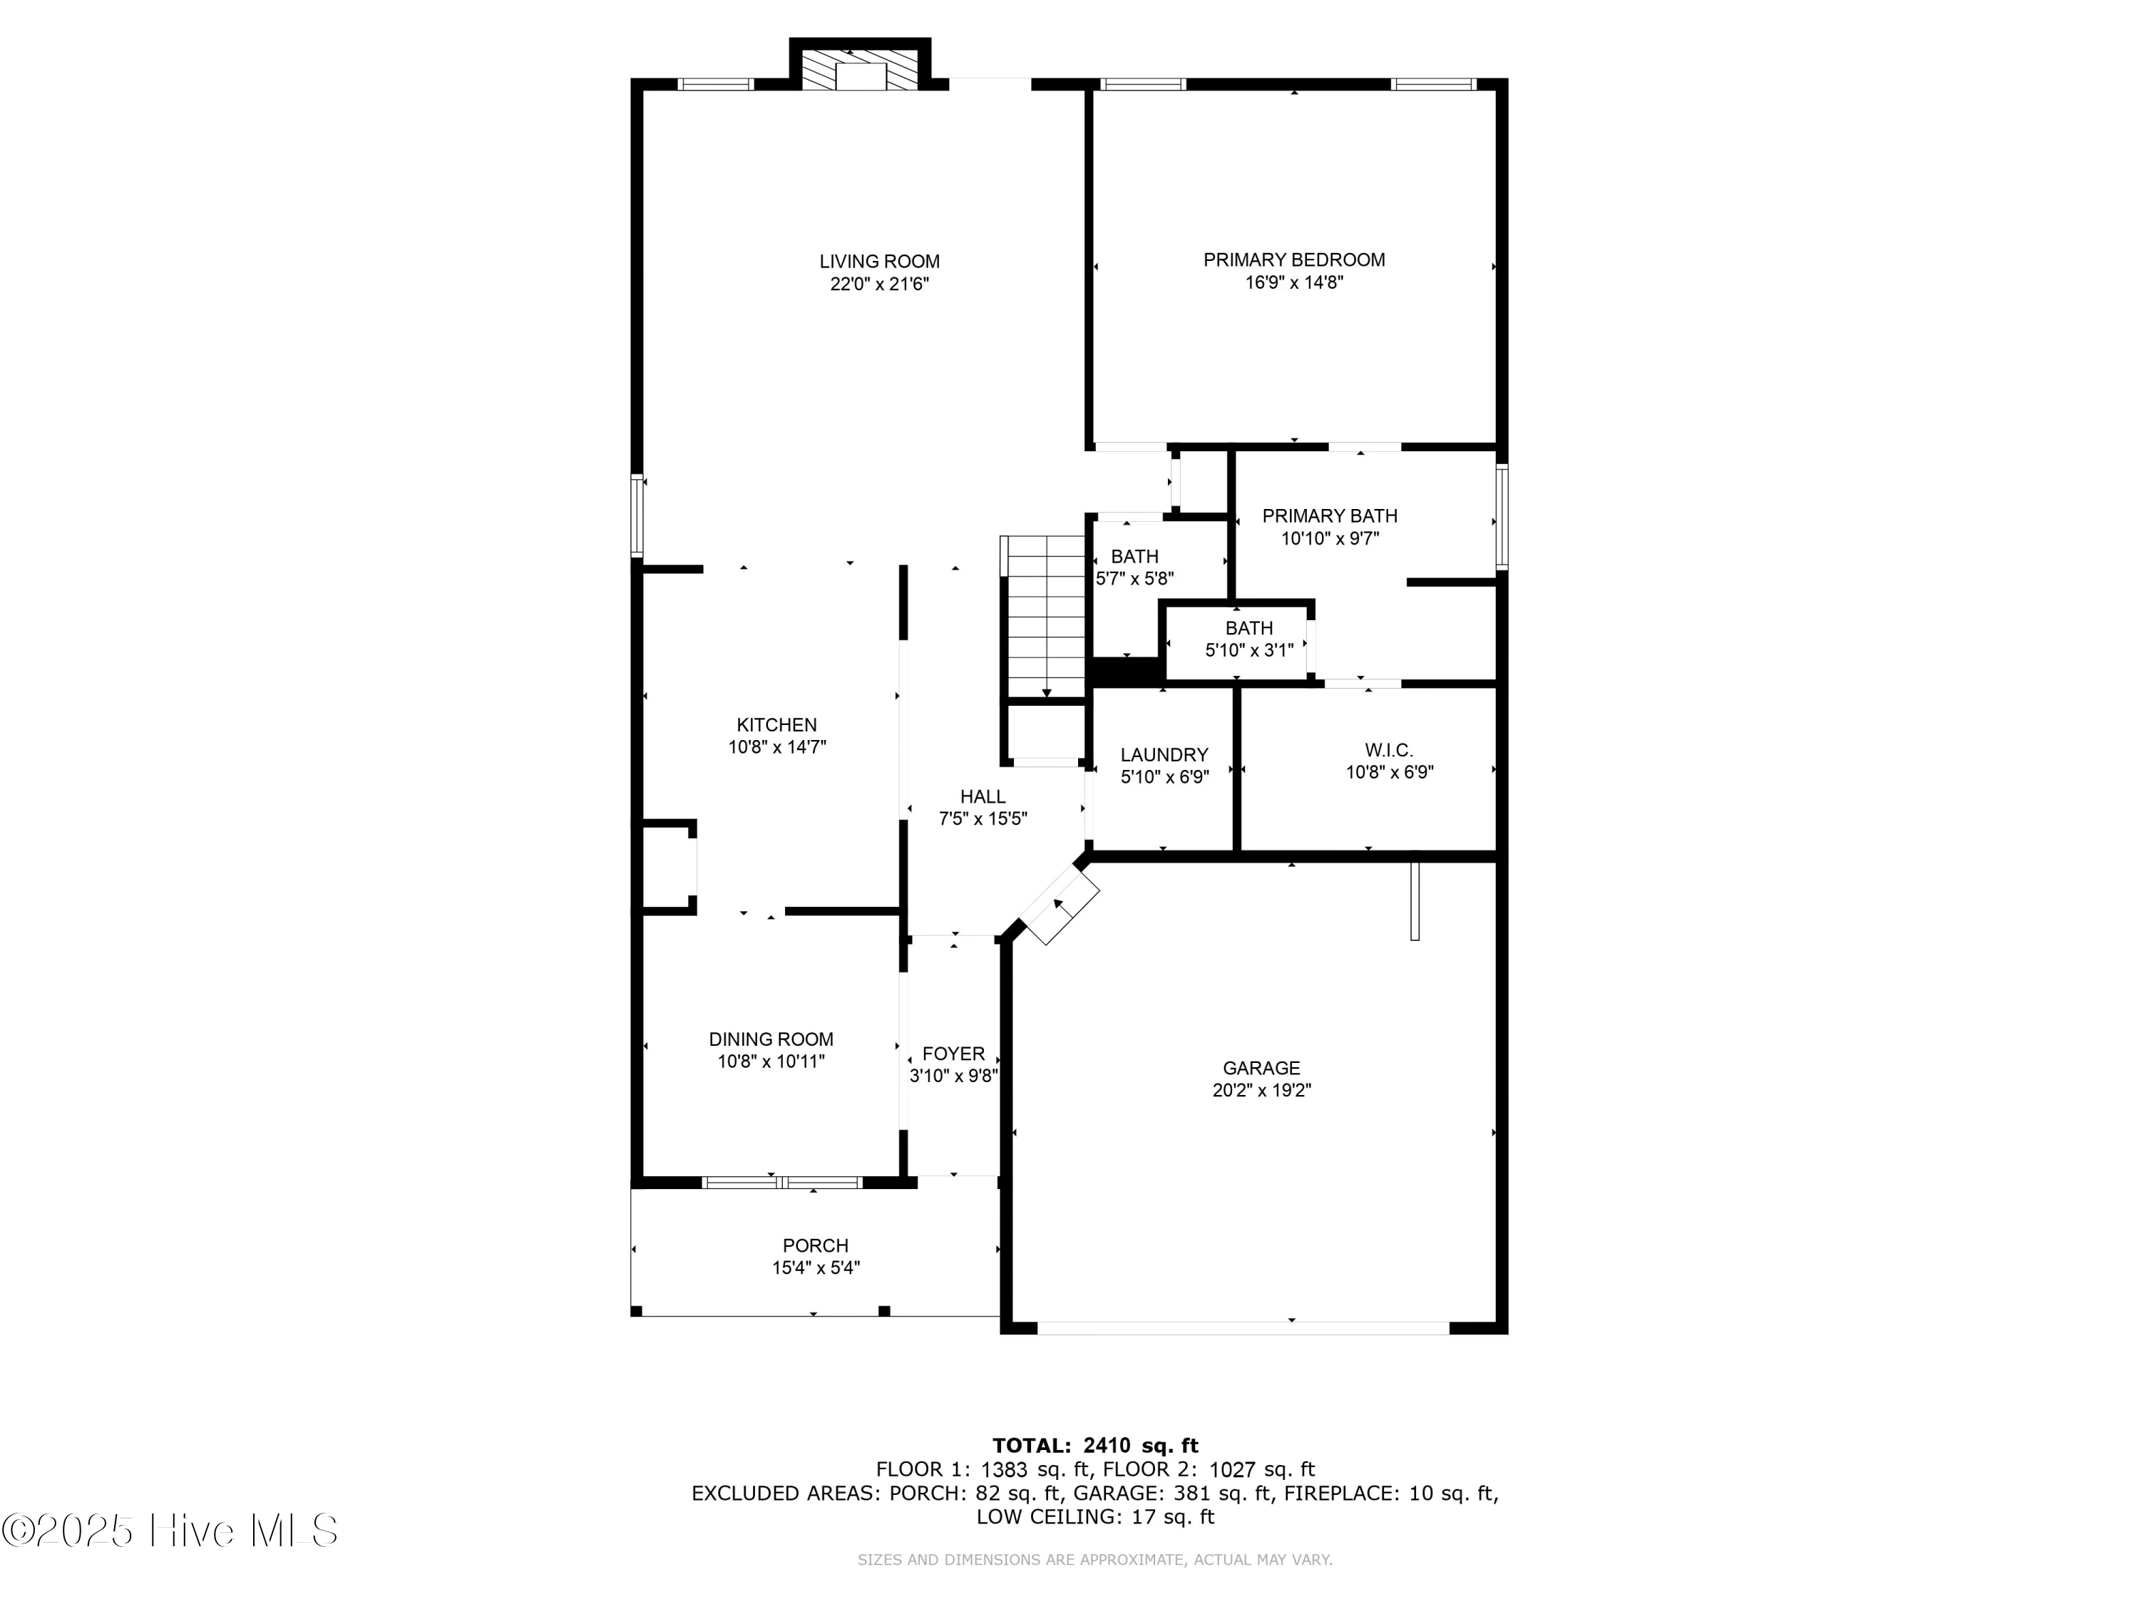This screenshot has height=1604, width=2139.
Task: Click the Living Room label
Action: pos(879,261)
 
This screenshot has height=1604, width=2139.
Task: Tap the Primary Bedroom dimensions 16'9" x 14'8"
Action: pos(1294,282)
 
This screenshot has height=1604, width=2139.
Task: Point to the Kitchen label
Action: pos(776,724)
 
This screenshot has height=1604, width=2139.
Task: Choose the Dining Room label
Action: pos(771,1039)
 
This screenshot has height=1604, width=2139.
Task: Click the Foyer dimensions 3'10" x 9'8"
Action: pos(953,1075)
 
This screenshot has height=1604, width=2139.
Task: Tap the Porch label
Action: pos(815,1245)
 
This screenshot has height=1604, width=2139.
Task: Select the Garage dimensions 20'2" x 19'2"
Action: pos(1261,1089)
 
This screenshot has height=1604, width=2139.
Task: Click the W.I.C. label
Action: pos(1389,749)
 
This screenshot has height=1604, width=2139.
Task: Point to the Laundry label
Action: pos(1164,754)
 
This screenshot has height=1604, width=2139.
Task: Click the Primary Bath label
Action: pos(1330,515)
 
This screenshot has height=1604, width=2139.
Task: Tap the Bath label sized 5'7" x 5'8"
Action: pos(1134,556)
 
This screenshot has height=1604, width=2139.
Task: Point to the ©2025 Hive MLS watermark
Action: pos(170,1531)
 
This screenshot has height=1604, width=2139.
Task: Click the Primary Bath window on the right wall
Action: pos(1502,516)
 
